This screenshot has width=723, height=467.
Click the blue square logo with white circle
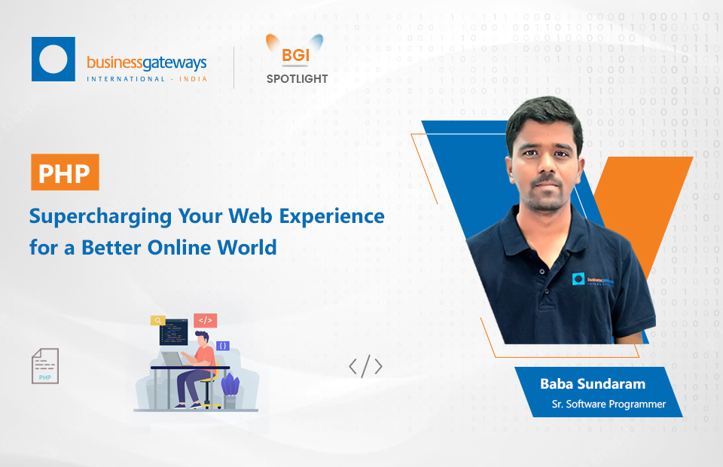(53, 59)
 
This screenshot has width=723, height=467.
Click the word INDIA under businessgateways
(194, 79)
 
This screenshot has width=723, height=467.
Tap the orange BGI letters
(295, 55)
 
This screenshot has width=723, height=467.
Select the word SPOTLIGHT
(297, 79)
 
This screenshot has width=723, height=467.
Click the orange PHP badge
(65, 172)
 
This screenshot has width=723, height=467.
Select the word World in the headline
(247, 248)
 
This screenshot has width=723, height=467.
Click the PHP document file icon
(45, 366)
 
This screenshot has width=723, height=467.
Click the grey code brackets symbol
(366, 367)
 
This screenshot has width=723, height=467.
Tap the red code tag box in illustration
(205, 320)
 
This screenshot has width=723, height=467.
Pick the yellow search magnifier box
(158, 320)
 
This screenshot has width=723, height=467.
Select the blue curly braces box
(223, 346)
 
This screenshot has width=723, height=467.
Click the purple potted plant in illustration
(230, 390)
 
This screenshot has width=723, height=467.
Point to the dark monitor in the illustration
(173, 332)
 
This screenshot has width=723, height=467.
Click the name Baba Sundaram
(593, 384)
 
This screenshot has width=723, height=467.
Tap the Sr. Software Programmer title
(609, 404)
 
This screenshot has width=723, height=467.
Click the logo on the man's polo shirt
(593, 280)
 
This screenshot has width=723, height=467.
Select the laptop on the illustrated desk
(172, 359)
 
